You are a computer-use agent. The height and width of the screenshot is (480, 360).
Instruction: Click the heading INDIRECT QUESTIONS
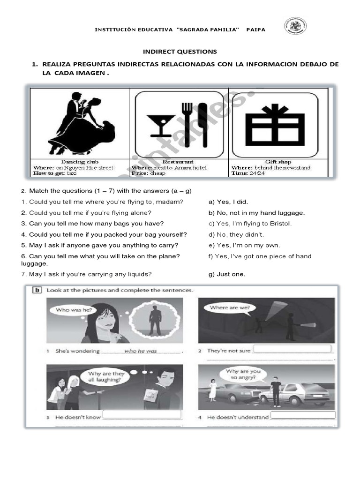pos(180,52)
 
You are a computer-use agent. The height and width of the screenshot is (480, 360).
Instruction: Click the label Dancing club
pos(80,162)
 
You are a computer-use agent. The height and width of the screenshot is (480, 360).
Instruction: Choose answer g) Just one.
pos(227,274)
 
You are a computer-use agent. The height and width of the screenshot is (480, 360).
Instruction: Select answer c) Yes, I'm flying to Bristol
pos(250,224)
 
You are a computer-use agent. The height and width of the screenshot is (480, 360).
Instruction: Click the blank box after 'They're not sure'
pos(292,349)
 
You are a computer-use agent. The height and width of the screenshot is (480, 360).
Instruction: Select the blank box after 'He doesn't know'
pos(142,414)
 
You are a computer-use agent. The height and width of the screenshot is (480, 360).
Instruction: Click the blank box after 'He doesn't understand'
pos(303,415)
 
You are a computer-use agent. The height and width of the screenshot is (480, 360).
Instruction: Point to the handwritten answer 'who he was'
pos(141,351)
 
